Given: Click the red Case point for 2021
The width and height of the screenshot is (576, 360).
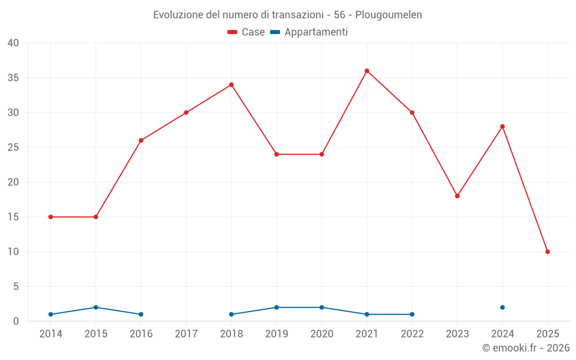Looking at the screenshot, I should pos(367,71).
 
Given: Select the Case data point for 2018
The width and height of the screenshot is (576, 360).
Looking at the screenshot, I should pos(232,85).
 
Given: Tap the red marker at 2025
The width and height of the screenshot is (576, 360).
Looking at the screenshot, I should pos(547,252).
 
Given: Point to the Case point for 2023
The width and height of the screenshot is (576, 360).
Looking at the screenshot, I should pos(457,196).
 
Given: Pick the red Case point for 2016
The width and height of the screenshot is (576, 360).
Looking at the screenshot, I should pos(141,141).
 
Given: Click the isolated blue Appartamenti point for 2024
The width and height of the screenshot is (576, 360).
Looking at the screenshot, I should pos(502,308).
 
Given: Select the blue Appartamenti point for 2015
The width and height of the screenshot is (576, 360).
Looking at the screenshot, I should pos(96,308).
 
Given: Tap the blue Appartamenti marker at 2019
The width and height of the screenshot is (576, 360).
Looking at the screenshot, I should pos(276,308).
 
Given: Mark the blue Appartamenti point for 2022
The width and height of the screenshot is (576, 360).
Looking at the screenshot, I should pos(412,314).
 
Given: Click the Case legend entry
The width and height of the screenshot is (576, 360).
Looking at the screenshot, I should pos(246,32).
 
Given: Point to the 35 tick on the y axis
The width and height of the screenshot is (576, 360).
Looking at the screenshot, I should pos(13,78).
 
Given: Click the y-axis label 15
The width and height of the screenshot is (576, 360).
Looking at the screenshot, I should pos(13,217).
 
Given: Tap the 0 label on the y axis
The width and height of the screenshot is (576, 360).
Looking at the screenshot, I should pos(16,321).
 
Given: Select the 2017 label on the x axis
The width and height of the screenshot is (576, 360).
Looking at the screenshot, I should pos(186,334).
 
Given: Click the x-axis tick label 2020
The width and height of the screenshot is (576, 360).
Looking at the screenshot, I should pos(321,334).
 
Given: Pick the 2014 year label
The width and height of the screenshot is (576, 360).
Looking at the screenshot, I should pos(51,334).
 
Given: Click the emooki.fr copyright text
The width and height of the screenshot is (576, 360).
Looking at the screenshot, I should pos(526,348).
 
